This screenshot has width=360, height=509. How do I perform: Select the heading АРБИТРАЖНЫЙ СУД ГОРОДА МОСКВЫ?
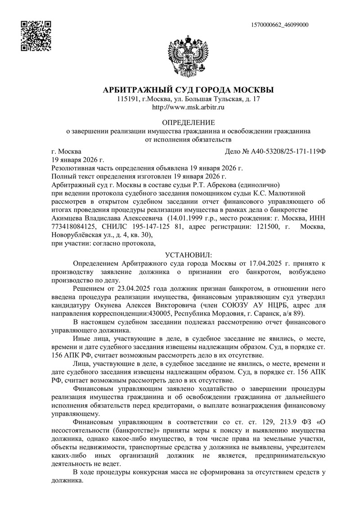click(188, 90)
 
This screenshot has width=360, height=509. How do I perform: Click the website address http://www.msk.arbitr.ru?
click(188, 108)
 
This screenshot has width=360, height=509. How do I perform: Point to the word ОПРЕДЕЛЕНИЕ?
click(188, 122)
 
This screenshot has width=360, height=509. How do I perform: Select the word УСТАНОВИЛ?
click(188, 255)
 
